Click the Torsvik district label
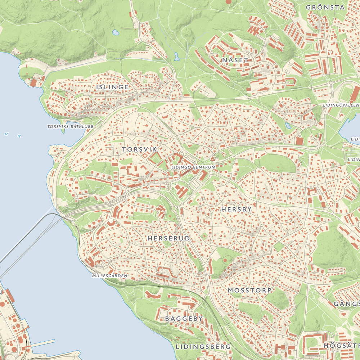click(139, 149)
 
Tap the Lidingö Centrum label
click(193, 167)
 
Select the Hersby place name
click(237, 209)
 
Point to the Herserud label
click(168, 238)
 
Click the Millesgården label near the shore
click(110, 276)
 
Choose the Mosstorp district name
click(249, 290)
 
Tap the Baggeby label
click(184, 319)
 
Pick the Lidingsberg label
click(203, 347)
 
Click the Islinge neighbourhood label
click(112, 87)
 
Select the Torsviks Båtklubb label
click(70, 127)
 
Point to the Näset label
click(235, 60)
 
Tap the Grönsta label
click(325, 7)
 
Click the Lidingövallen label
click(341, 105)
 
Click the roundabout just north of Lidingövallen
click(330, 83)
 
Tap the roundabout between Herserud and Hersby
click(174, 209)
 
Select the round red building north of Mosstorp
click(225, 260)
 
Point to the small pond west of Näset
click(176, 57)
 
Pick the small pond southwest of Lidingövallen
click(288, 126)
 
